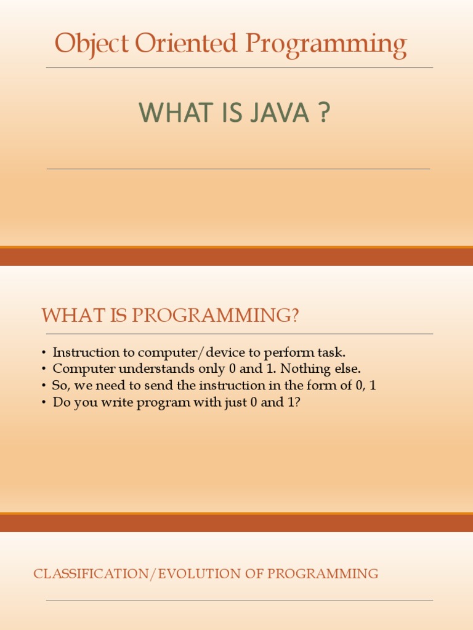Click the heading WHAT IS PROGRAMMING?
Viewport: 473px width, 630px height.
(170, 316)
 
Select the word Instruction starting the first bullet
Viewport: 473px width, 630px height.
(86, 353)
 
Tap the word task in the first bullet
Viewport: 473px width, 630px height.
(333, 353)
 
